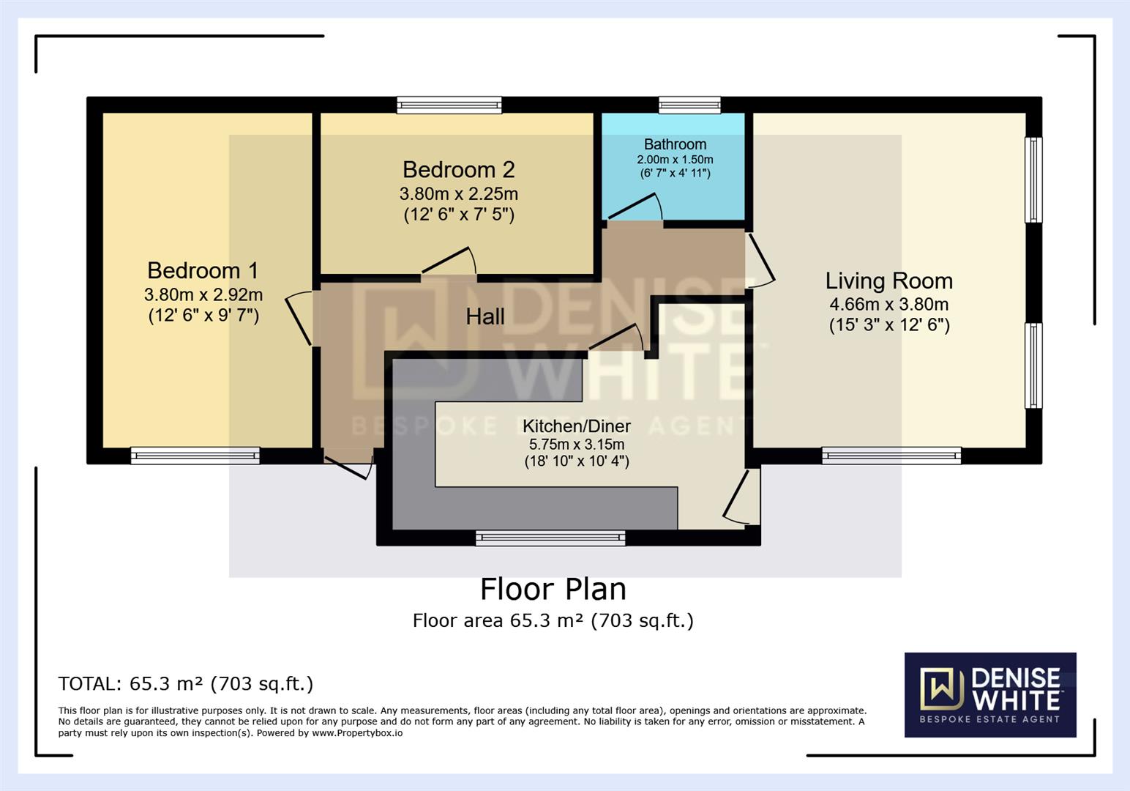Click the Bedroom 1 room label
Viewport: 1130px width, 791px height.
pos(203,270)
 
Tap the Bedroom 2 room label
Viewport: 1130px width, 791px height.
pos(458,170)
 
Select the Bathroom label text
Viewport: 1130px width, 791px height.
pos(675,144)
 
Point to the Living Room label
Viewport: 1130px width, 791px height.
pos(888,281)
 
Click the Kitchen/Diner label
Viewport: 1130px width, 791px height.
pos(577,426)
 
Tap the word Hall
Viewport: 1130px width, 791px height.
pos(485,316)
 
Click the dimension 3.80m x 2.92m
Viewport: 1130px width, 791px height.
pos(203,294)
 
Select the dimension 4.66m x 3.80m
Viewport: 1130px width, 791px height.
pos(888,304)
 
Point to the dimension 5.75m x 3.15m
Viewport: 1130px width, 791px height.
pos(577,445)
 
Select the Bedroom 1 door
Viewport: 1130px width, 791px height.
pos(299,318)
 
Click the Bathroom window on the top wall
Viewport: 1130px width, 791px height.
pos(689,105)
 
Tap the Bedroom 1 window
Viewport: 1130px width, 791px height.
pos(195,456)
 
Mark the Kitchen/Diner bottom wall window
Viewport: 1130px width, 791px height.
pos(550,538)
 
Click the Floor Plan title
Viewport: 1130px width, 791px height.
pos(553,589)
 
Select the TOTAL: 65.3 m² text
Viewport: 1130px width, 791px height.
pos(185,683)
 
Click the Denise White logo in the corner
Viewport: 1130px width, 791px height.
pos(990,694)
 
